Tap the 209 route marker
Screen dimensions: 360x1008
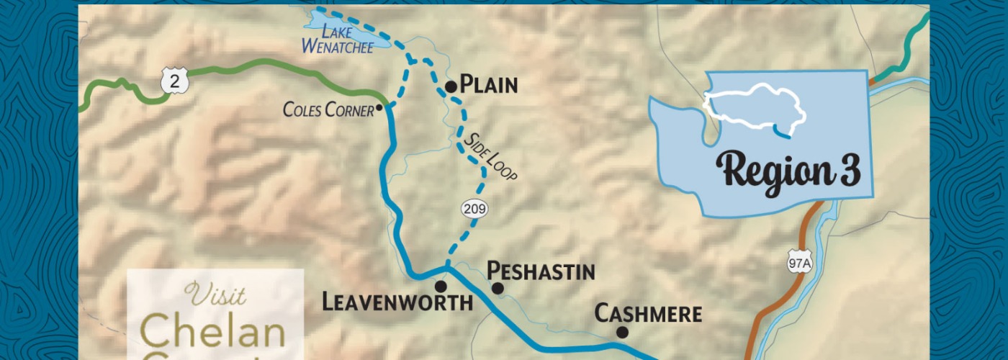pos(475,209)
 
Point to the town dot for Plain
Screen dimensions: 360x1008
pos(451,86)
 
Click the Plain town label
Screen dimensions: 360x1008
pos(489,85)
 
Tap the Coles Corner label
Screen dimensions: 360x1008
pos(328,110)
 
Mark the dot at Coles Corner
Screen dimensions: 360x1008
pos(379,107)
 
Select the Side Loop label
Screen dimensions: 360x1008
pos(492,156)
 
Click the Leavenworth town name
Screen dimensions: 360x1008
pos(397,300)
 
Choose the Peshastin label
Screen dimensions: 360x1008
pos(541,271)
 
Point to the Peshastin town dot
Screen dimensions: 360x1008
pos(497,288)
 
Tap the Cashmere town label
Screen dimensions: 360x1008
pos(647,314)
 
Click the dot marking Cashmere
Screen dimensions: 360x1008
pos(622,332)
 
